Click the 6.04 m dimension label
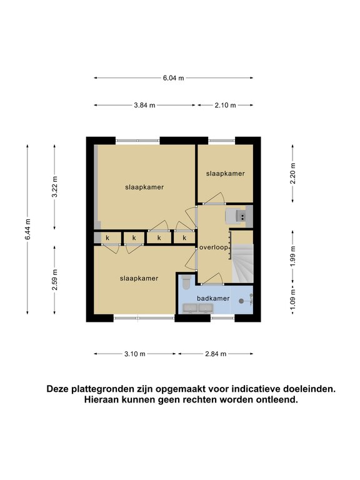pyautogui.click(x=173, y=78)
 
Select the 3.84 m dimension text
pyautogui.click(x=144, y=105)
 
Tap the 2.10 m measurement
pyautogui.click(x=225, y=105)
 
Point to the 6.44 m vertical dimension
pyautogui.click(x=27, y=229)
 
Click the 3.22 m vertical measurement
pyautogui.click(x=55, y=187)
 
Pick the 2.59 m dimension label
pyautogui.click(x=55, y=280)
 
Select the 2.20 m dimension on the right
pyautogui.click(x=292, y=173)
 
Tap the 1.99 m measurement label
pyautogui.click(x=292, y=256)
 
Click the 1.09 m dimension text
pyautogui.click(x=292, y=300)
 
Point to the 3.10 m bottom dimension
pyautogui.click(x=135, y=354)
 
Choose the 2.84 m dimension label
pyautogui.click(x=216, y=354)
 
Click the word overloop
pyautogui.click(x=214, y=247)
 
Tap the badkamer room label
pyautogui.click(x=213, y=299)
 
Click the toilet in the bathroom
pyautogui.click(x=186, y=282)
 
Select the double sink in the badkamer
pyautogui.click(x=197, y=308)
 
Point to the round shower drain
pyautogui.click(x=241, y=301)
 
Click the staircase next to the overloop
pyautogui.click(x=242, y=263)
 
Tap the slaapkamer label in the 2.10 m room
pyautogui.click(x=225, y=174)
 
